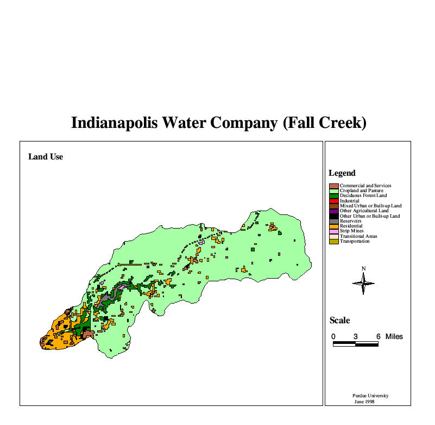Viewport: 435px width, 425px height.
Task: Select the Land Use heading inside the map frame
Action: coord(46,157)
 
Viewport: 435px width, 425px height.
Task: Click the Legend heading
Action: coord(342,173)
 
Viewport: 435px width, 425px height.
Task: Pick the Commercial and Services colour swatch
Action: coord(334,186)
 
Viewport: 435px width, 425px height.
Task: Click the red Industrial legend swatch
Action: coord(334,201)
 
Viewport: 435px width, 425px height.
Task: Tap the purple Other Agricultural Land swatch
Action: coord(334,211)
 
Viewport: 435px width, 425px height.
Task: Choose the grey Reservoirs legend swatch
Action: coord(334,221)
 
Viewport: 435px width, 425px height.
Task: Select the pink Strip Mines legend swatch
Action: coord(334,231)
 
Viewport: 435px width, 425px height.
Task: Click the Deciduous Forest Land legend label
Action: coord(363,196)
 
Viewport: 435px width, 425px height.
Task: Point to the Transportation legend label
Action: coord(355,241)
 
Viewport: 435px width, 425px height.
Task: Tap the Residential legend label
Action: coord(352,226)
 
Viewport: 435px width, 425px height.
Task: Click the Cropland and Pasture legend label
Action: coord(362,191)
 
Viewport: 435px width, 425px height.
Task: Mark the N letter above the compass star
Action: coord(364,268)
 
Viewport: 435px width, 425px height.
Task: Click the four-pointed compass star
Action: coord(364,282)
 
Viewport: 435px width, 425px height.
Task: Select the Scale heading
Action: coord(340,321)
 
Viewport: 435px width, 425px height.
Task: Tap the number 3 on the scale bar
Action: coord(356,337)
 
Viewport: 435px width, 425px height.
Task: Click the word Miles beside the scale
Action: coord(394,337)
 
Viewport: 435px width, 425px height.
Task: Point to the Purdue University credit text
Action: coord(370,396)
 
